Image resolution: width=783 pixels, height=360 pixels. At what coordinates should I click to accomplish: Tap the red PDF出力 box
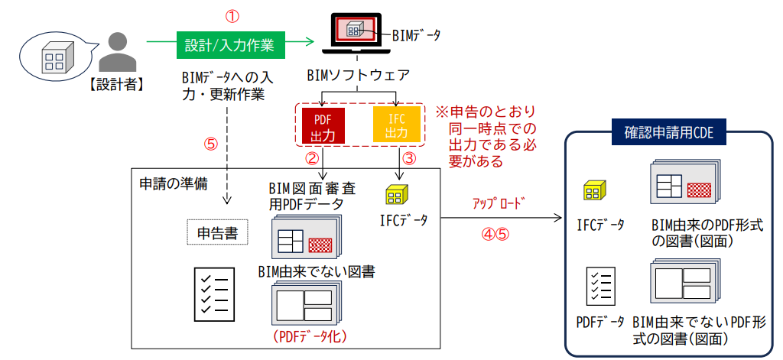[320, 125]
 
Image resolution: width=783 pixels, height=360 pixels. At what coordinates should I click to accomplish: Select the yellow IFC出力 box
[396, 125]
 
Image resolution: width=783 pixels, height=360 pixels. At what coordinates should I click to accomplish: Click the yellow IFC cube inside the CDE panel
[594, 191]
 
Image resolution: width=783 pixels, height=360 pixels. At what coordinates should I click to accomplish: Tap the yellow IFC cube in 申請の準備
[396, 195]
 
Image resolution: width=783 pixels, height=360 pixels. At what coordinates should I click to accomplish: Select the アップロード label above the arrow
[500, 203]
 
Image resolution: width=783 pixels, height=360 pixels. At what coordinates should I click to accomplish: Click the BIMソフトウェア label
[358, 76]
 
